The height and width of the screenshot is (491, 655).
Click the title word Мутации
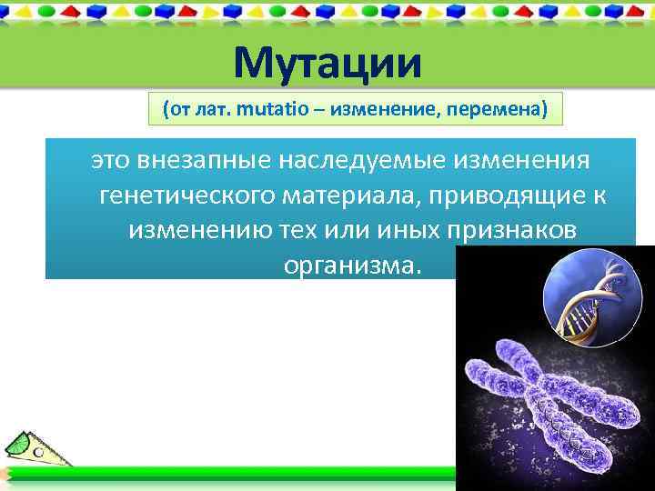(x=327, y=63)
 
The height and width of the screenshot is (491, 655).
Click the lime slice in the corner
(x=20, y=444)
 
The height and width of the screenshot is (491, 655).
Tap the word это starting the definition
(x=110, y=161)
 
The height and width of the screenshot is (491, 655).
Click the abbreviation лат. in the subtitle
(x=209, y=110)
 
